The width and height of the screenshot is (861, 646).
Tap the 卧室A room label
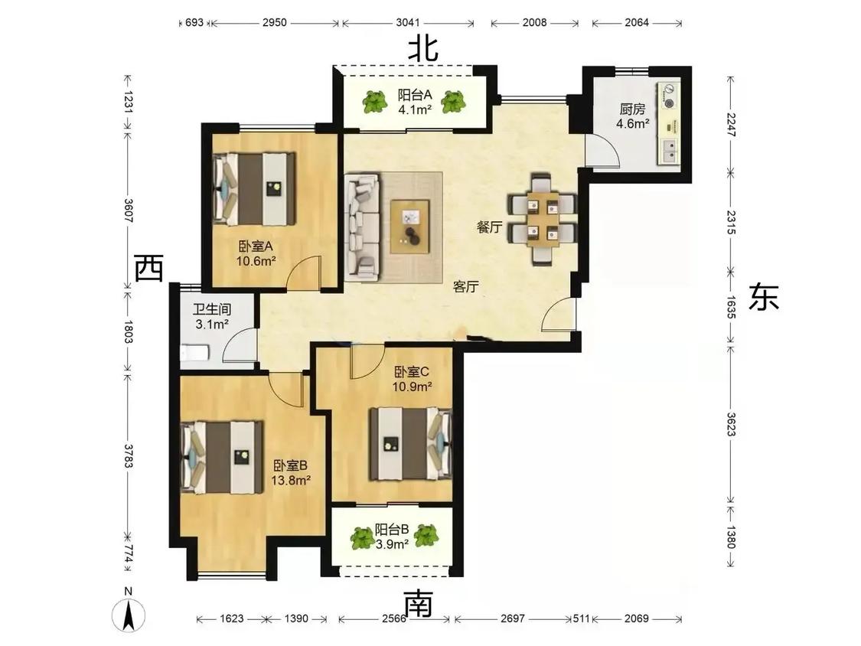(256, 246)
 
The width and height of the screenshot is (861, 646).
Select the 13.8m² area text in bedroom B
(291, 480)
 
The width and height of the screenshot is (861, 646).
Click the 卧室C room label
(411, 372)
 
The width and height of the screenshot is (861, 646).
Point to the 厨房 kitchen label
(633, 109)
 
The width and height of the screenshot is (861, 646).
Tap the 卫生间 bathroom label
(212, 310)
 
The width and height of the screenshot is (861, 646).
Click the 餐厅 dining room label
(489, 227)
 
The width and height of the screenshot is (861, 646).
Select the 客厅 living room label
(465, 286)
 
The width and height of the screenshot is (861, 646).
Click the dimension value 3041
(408, 22)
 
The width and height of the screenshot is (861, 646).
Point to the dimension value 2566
(394, 618)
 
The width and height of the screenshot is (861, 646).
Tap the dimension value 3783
(128, 456)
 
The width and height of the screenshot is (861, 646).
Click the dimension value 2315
(730, 222)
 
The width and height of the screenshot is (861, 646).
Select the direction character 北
(422, 49)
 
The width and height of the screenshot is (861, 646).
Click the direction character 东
(764, 297)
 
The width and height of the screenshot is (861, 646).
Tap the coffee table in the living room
(409, 227)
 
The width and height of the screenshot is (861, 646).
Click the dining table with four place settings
(543, 219)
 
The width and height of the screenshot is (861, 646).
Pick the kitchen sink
(670, 151)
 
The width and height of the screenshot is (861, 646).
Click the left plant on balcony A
(375, 102)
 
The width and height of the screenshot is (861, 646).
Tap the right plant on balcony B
(426, 536)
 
